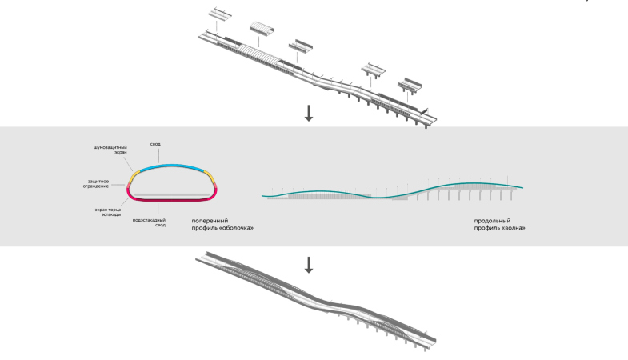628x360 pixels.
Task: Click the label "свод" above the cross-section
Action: pyautogui.click(x=155, y=144)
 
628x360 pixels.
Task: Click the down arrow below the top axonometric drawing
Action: pyautogui.click(x=310, y=114)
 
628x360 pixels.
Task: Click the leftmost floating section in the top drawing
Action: pyautogui.click(x=219, y=16)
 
